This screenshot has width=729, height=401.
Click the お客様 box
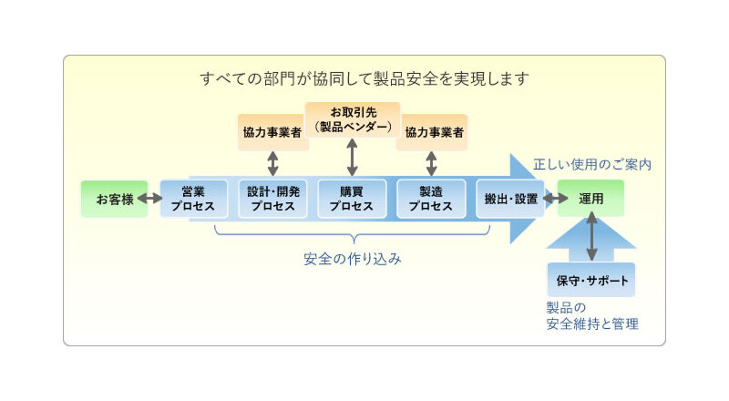[114, 199]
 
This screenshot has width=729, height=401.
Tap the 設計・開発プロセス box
[272, 199]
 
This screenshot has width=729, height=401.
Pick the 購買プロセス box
[352, 199]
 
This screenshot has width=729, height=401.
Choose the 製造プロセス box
[431, 199]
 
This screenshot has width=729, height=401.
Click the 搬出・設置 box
[509, 199]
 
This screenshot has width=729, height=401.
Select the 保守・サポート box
[591, 279]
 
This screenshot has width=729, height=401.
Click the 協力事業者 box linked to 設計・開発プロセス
[272, 132]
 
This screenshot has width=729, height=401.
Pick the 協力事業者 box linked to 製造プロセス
[432, 132]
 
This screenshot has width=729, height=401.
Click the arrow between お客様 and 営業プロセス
[147, 199]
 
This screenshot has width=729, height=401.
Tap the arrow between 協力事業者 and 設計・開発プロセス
[272, 163]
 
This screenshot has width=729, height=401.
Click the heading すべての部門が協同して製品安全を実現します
[364, 78]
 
